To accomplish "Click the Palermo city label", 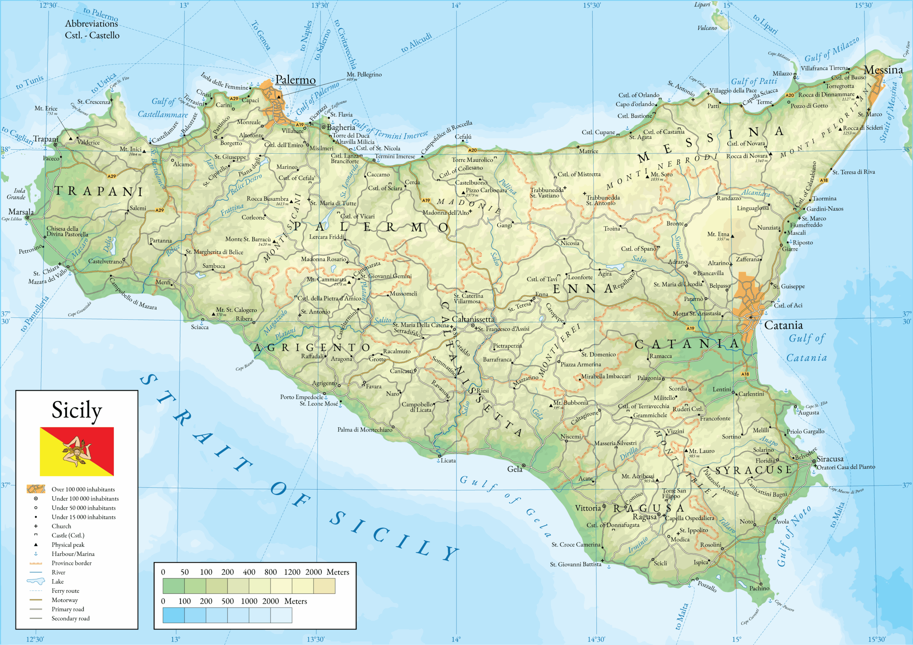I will [295, 80].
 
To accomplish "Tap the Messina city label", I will [883, 70].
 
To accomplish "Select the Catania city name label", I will [784, 325].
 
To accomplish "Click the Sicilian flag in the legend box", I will [77, 451].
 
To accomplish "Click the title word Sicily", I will [77, 410].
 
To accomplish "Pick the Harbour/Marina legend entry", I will [73, 553].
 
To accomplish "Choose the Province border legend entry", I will [71, 563].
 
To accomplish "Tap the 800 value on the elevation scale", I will [270, 572].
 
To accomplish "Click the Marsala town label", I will [21, 212].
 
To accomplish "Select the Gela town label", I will [514, 469].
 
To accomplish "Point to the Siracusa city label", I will [830, 459].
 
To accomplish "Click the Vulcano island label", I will [707, 28].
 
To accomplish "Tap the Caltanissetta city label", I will [473, 319].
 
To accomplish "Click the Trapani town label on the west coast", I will [45, 139].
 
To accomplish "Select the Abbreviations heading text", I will [91, 24].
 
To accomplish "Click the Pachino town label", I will [759, 588].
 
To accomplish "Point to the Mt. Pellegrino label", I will [364, 74].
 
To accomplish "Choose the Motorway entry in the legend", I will [65, 600].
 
